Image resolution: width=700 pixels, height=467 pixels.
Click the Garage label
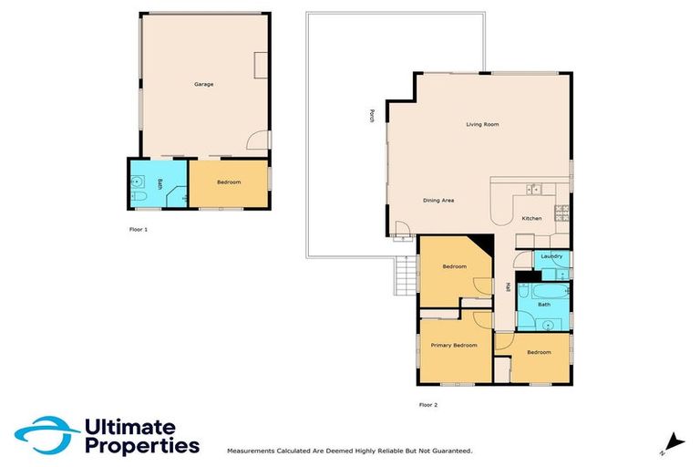pyautogui.click(x=203, y=84)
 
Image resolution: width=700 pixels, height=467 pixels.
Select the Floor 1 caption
pyautogui.click(x=139, y=230)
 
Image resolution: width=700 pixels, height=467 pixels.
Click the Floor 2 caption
pyautogui.click(x=428, y=404)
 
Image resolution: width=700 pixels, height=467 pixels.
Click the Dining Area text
pyautogui.click(x=438, y=200)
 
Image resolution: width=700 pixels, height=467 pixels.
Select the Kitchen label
pyautogui.click(x=531, y=219)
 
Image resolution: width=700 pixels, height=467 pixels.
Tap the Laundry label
pyautogui.click(x=551, y=256)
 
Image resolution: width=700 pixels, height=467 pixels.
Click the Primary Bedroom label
pyautogui.click(x=454, y=345)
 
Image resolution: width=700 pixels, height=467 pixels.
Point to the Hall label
pyautogui.click(x=508, y=287)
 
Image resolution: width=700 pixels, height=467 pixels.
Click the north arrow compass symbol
pyautogui.click(x=673, y=443)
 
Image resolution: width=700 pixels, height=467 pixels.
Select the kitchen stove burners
pyautogui.click(x=562, y=214)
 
